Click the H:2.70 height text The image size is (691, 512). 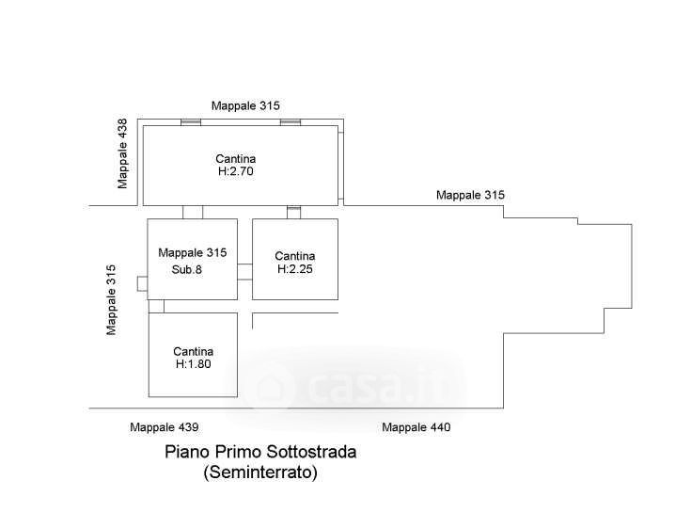pos(236,172)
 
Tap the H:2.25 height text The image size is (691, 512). pos(294,268)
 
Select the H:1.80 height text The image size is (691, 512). pos(193,363)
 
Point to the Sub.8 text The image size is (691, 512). pos(186,269)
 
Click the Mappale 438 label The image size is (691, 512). pos(122,153)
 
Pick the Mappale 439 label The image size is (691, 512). pos(164,427)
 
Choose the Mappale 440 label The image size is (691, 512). pos(416,427)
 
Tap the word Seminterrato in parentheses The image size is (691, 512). pos(260,472)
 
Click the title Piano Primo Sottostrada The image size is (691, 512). pos(260,452)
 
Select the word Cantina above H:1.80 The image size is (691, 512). pos(193,351)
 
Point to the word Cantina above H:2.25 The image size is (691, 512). pos(294,256)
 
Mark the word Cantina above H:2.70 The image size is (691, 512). pos(236,159)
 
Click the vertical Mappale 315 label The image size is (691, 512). pos(111,299)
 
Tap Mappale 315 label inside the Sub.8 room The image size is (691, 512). pos(193,252)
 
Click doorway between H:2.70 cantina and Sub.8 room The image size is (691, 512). pos(193,212)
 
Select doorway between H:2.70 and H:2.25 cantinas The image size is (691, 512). pos(293,212)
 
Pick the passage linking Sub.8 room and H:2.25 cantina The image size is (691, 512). pos(244,272)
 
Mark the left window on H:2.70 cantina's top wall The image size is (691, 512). pos(191,121)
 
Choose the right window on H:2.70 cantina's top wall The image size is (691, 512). pos(291,121)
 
